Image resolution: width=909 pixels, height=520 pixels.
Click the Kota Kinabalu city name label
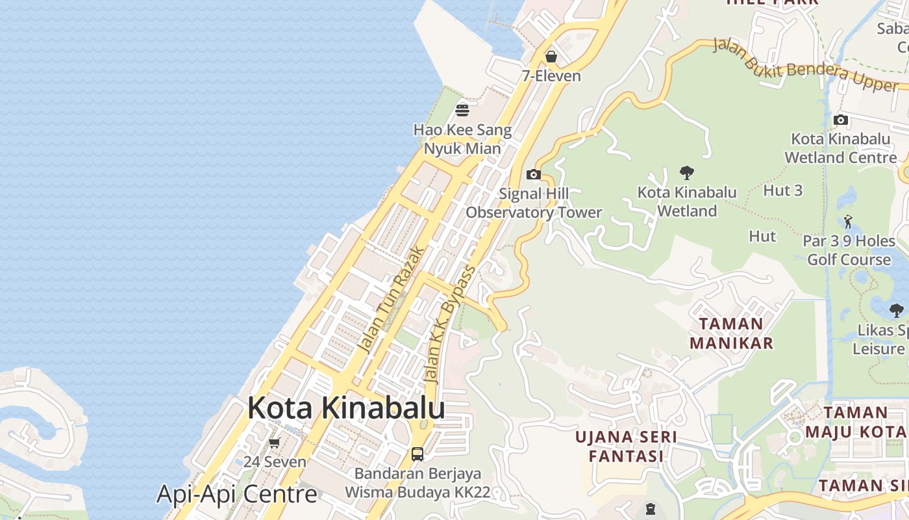coord(346,408)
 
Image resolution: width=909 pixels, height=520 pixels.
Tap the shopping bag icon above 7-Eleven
coord(551,57)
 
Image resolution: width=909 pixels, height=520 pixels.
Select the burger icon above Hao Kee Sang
coord(462,110)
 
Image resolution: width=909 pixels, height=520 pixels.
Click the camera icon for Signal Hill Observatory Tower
coord(534,174)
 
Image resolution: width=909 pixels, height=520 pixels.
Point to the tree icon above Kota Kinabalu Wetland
coord(686,173)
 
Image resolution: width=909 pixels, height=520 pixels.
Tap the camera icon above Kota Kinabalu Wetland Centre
coord(841,120)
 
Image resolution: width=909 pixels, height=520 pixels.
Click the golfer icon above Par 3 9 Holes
coord(848,222)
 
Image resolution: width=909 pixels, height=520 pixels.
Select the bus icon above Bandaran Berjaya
coord(417,454)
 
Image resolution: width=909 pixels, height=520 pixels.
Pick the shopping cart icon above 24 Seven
coord(274,443)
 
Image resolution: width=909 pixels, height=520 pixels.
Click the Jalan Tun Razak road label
coord(392,300)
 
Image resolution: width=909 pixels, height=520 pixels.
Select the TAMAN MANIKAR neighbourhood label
coord(731,333)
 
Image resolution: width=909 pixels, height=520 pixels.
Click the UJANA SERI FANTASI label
coord(626,446)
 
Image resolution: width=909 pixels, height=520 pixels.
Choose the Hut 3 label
coord(783,190)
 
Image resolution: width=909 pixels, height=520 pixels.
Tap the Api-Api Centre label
coord(237,494)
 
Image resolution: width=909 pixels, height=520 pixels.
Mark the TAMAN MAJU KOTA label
coord(856,422)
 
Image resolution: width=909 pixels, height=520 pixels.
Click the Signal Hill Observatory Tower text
coord(534,203)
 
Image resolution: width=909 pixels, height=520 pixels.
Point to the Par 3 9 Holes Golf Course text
coord(849,250)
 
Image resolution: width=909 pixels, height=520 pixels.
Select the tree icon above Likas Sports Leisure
coord(897,311)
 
